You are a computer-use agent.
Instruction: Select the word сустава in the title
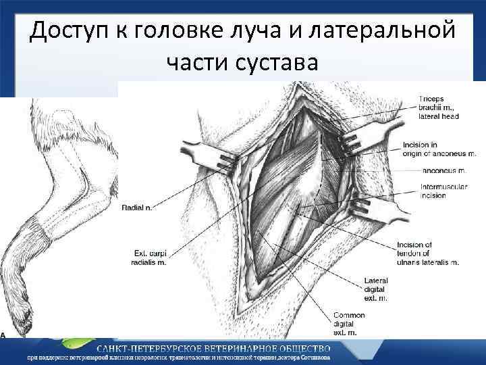click(x=277, y=65)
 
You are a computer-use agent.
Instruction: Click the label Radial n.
click(x=137, y=208)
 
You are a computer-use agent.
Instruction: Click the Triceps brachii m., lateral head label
click(x=438, y=107)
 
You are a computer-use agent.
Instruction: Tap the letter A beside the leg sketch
click(x=3, y=334)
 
